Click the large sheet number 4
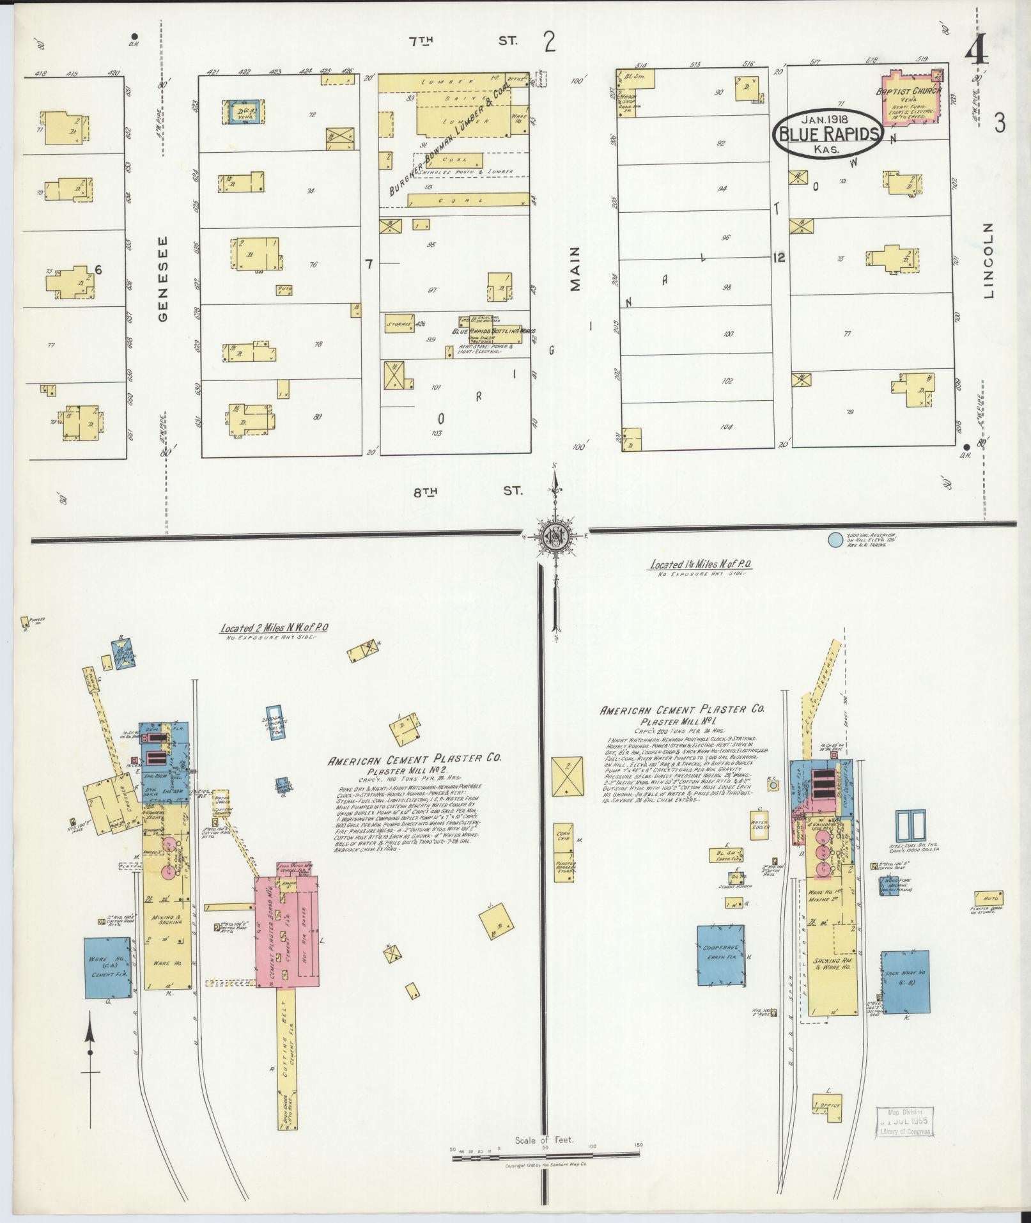pos(978,52)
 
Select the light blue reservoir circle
pos(834,540)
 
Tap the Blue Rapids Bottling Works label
pos(493,332)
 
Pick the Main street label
pos(576,269)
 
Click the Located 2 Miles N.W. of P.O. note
pos(274,628)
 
